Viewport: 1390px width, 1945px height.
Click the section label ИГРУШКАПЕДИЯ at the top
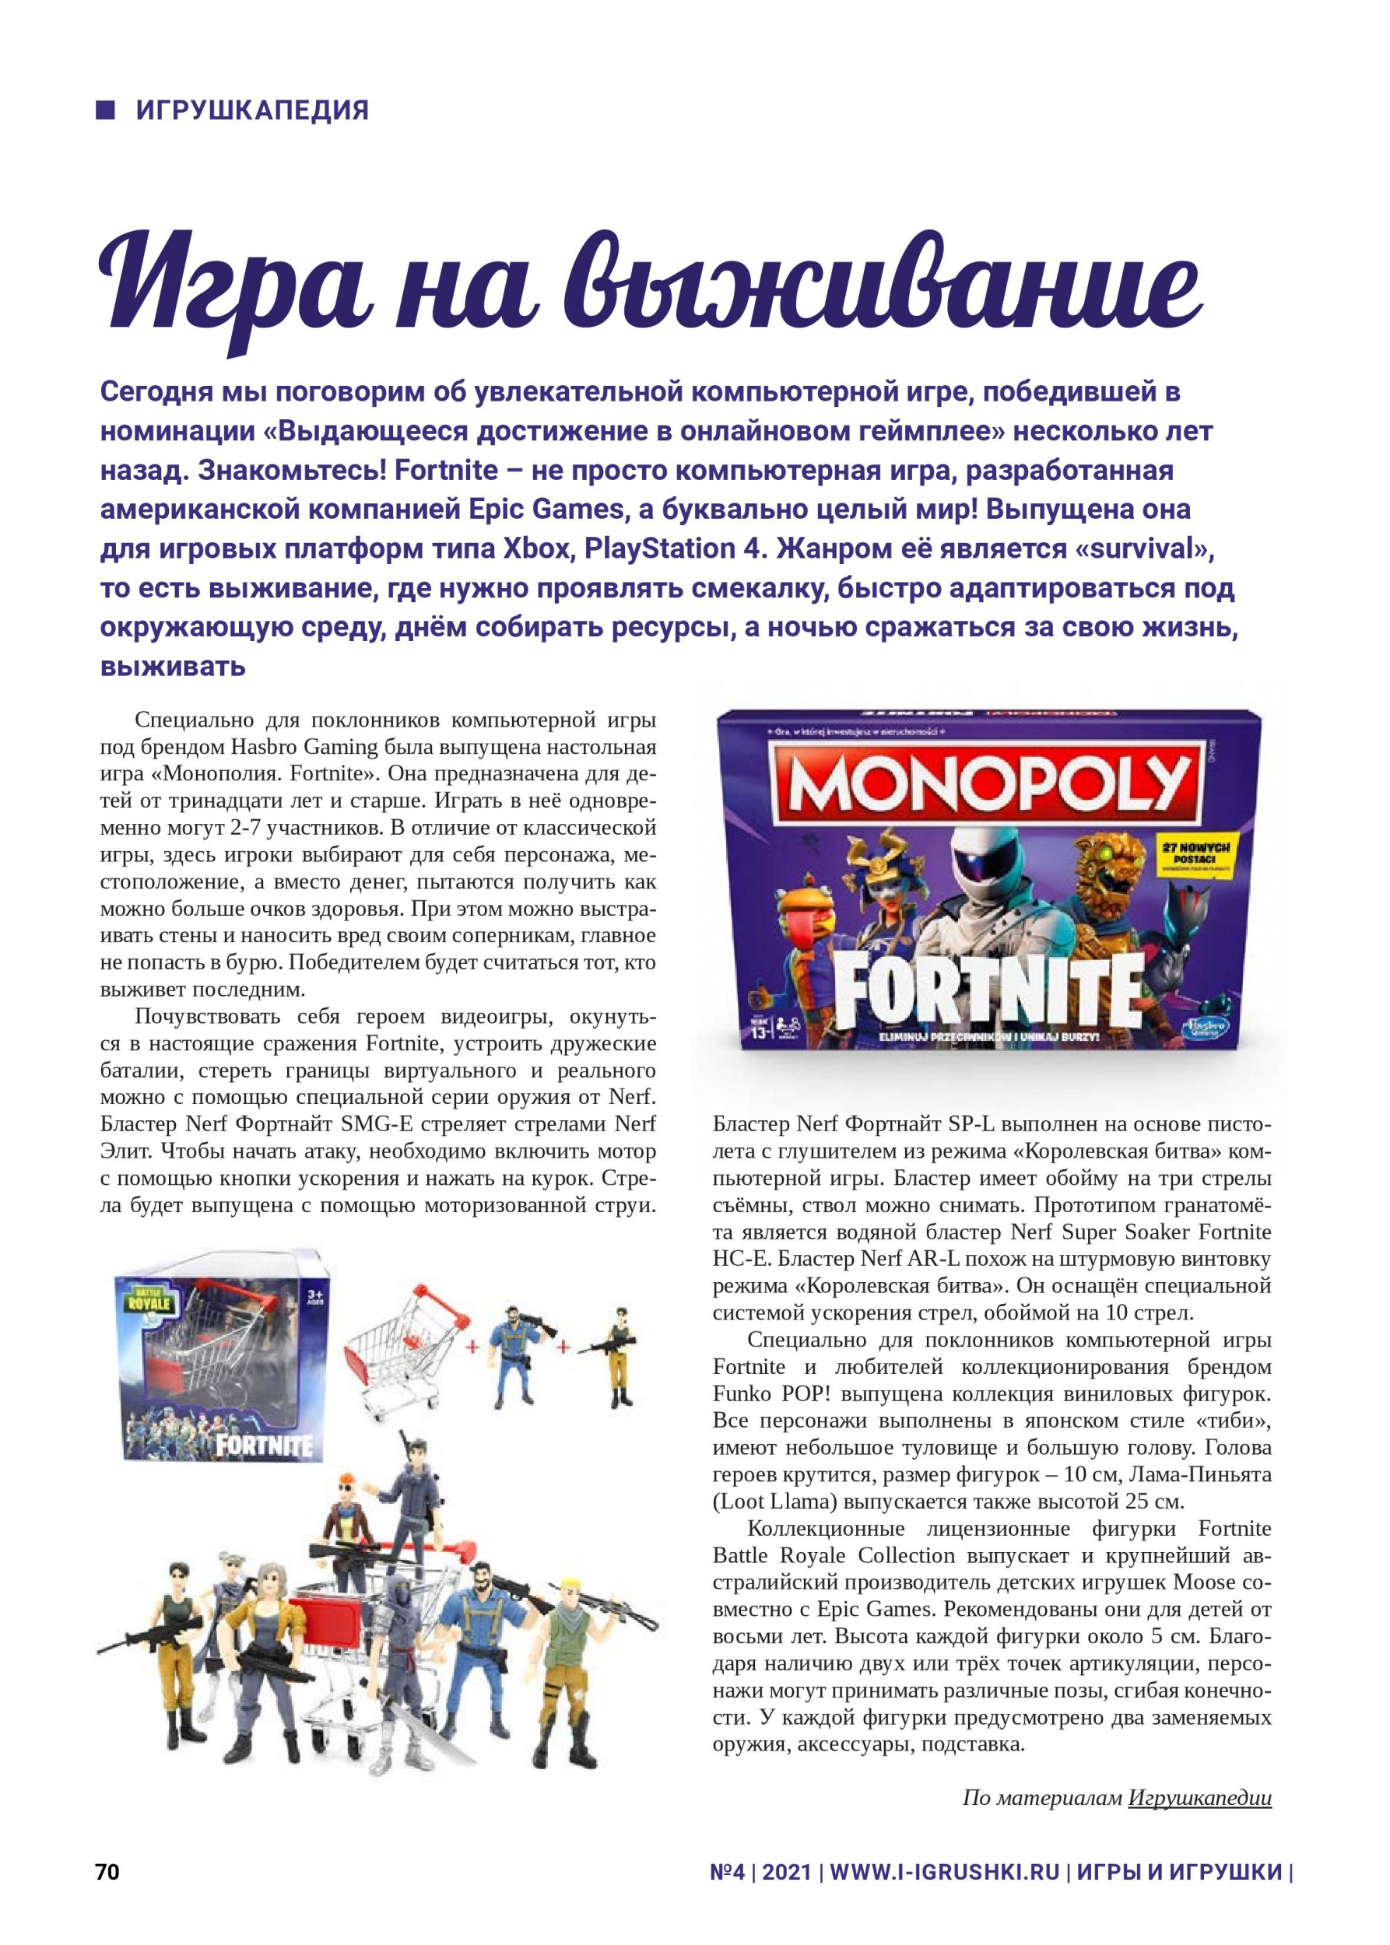click(251, 110)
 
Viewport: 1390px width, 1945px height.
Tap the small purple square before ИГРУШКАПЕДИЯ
click(106, 110)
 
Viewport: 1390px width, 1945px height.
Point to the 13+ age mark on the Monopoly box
click(756, 1030)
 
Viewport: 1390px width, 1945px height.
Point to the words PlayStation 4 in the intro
click(671, 549)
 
